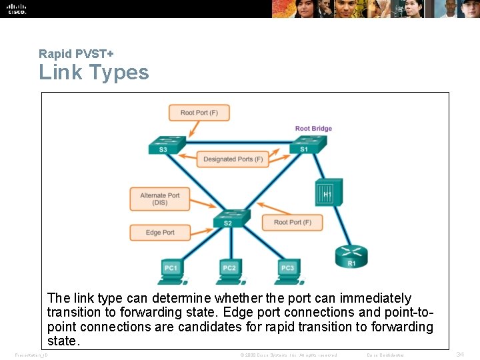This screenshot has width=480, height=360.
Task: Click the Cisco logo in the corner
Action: [17, 9]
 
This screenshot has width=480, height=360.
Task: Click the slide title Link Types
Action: [93, 72]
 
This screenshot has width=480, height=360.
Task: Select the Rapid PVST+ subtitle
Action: [75, 53]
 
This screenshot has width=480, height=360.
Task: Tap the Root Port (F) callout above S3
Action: [199, 113]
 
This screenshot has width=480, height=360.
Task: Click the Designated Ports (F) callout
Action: [233, 159]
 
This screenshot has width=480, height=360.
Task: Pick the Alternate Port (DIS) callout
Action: [159, 199]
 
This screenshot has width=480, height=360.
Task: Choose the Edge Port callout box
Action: [160, 233]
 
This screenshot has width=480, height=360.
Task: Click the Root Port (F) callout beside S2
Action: [292, 222]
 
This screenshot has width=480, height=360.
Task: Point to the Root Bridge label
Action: [313, 129]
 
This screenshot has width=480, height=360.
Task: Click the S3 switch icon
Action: [163, 144]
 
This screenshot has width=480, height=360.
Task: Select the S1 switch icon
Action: [309, 144]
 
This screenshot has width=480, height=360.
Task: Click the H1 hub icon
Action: [329, 192]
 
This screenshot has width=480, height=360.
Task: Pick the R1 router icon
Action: [351, 255]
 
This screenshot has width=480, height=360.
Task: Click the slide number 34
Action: [460, 355]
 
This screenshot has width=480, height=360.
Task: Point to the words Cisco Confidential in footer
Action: [386, 355]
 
